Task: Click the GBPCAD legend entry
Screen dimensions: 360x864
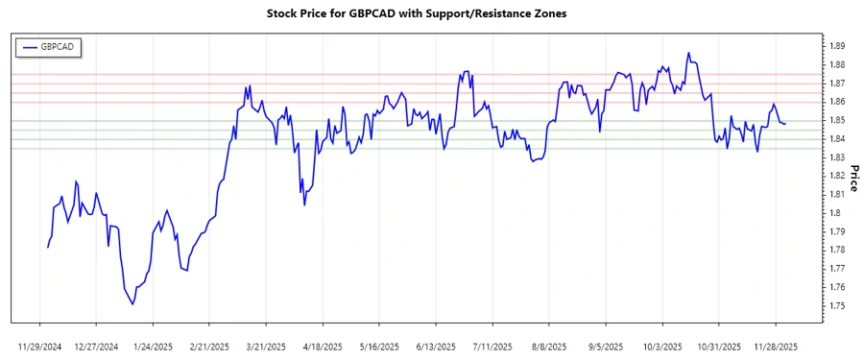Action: coord(52,46)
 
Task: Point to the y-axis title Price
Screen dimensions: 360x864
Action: coord(852,176)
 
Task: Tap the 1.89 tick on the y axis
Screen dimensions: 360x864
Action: coord(836,46)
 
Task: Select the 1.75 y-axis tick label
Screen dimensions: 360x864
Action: coord(836,306)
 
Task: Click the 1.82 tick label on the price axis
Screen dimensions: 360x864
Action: coord(836,176)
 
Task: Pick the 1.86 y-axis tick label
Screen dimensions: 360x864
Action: coord(836,102)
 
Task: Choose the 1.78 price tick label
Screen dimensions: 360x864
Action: coord(836,251)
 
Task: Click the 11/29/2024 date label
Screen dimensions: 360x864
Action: coord(40,346)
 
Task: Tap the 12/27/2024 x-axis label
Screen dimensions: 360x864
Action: coord(96,346)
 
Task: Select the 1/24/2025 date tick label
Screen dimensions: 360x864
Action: coord(153,346)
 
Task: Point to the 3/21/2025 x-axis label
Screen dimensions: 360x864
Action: coord(266,346)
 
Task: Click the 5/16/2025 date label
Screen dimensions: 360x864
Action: coord(379,346)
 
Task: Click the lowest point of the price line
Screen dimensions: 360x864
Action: coord(132,304)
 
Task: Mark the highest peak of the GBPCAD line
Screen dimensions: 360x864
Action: coord(688,53)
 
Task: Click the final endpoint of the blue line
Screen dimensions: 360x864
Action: coord(785,124)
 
